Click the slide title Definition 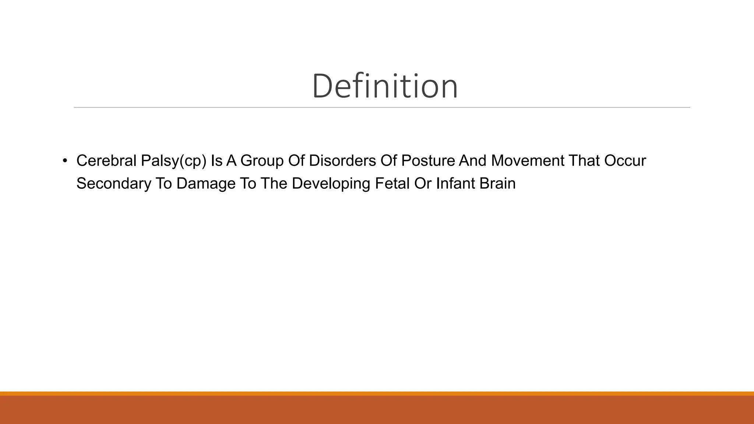pyautogui.click(x=385, y=86)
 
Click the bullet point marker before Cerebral pyautogui.click(x=65, y=161)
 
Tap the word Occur pyautogui.click(x=625, y=161)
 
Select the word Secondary pyautogui.click(x=114, y=184)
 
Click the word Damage pyautogui.click(x=206, y=184)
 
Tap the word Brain pyautogui.click(x=497, y=184)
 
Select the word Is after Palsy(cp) pyautogui.click(x=216, y=161)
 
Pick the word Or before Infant pyautogui.click(x=423, y=184)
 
